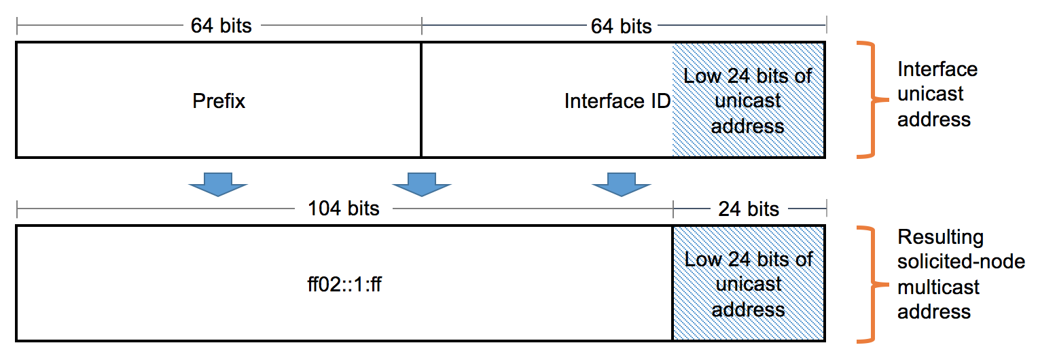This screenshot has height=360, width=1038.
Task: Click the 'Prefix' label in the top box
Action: [219, 101]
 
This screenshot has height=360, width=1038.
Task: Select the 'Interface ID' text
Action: [617, 101]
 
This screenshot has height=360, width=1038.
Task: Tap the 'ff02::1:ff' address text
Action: [344, 284]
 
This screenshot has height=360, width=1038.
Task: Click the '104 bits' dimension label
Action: [344, 209]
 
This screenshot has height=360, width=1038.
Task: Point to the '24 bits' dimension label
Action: [749, 209]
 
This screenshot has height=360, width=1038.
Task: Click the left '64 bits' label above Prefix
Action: [221, 26]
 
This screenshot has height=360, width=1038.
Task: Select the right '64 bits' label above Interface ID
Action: [621, 26]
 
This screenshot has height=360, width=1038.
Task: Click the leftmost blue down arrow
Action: [218, 184]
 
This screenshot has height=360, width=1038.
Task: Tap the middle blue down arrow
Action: [422, 184]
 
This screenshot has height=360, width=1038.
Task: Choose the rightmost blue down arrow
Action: [621, 184]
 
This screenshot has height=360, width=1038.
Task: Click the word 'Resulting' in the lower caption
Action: [940, 237]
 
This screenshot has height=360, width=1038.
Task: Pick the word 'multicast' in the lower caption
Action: [938, 287]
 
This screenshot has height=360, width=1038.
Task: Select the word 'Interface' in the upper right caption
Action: [937, 69]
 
